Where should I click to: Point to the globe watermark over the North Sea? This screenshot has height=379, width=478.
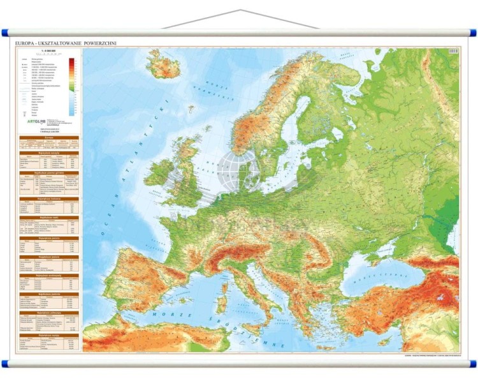pyautogui.click(x=238, y=171)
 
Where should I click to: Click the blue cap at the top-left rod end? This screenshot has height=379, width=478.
pyautogui.click(x=5, y=32)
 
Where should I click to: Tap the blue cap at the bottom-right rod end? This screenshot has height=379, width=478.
pyautogui.click(x=473, y=364)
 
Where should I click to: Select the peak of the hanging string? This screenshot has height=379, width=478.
pyautogui.click(x=240, y=10)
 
